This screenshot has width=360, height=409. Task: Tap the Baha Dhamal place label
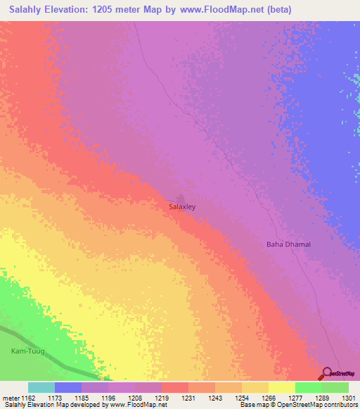tap(288, 245)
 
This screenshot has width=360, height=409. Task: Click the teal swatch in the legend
tap(41, 387)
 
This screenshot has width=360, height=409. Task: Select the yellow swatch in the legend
tap(281, 387)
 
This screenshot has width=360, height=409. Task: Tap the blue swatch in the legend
tap(67, 387)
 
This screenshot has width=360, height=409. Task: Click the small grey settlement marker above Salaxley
tap(181, 199)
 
